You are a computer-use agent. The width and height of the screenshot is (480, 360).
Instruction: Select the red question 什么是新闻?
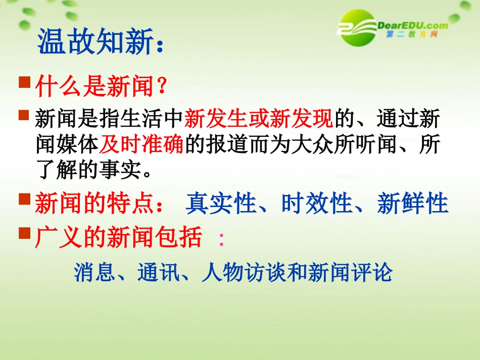(101, 87)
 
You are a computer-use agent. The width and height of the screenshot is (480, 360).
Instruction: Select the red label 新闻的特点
(94, 204)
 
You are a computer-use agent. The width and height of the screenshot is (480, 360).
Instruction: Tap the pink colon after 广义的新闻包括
(221, 239)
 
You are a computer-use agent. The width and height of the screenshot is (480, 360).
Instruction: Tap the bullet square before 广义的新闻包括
(24, 232)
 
